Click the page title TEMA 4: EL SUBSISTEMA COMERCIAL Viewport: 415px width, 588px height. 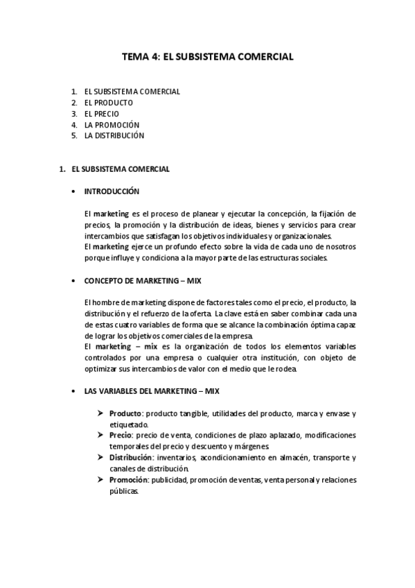click(x=208, y=58)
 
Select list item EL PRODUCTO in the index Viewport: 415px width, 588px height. click(x=109, y=103)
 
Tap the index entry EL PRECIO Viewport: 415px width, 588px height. click(x=102, y=114)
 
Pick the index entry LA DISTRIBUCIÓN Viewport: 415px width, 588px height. click(x=114, y=136)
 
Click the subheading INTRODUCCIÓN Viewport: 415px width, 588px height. click(x=112, y=191)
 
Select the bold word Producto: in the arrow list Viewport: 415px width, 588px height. click(x=125, y=413)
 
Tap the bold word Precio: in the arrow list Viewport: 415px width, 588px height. click(x=121, y=435)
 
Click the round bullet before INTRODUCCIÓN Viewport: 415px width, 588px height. click(x=74, y=191)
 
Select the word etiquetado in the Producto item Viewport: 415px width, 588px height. click(x=128, y=424)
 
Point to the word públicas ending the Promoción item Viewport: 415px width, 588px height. click(x=124, y=491)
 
